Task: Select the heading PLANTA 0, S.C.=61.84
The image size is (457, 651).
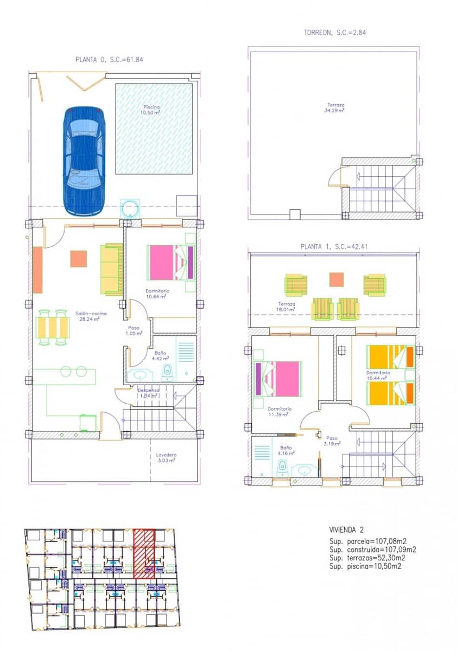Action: tap(109, 60)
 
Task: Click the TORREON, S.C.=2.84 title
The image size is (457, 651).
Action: tap(335, 33)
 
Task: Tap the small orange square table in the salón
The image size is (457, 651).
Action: tap(78, 258)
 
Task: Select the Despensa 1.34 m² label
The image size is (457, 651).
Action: tap(148, 393)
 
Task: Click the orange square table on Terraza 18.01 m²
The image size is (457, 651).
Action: tap(337, 279)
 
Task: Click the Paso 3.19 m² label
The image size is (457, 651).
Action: tap(333, 440)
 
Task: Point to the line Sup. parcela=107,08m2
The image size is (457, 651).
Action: tap(368, 541)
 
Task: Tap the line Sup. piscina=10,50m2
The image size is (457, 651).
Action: tap(368, 566)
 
